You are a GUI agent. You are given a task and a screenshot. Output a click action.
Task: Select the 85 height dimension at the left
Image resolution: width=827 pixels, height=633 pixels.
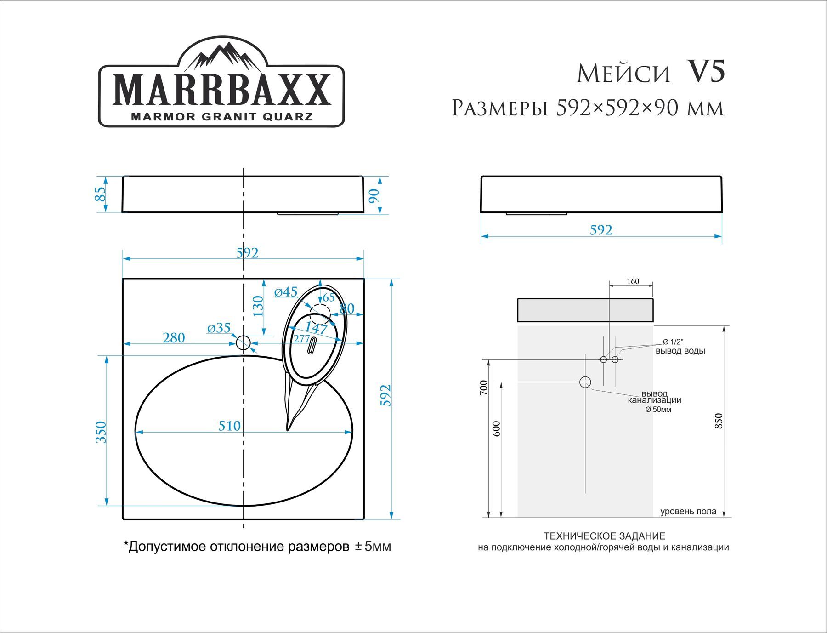(101, 194)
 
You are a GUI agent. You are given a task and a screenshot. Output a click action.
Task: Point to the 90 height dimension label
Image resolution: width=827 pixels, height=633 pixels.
(374, 195)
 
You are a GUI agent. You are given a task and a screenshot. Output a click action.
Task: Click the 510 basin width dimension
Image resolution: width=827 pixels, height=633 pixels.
(229, 426)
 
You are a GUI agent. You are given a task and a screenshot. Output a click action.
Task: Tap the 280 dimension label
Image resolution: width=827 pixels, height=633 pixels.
(174, 338)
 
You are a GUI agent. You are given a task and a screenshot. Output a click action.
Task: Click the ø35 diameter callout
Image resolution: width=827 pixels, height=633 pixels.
(219, 328)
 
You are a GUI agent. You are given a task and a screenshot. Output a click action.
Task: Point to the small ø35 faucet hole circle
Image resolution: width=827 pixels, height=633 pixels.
(243, 342)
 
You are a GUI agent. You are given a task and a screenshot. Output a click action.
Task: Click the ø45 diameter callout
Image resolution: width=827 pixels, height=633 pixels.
(286, 292)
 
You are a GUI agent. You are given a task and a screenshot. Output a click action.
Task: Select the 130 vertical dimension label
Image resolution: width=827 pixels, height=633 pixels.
(258, 306)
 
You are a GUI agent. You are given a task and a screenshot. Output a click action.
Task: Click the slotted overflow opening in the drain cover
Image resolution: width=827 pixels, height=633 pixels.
(312, 345)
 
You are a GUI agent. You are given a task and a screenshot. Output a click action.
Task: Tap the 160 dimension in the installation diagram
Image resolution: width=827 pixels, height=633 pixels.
(633, 281)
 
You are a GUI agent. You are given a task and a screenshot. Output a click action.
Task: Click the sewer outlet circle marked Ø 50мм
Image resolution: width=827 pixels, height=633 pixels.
(585, 382)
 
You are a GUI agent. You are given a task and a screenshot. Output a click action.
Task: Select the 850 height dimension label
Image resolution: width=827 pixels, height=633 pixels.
(719, 421)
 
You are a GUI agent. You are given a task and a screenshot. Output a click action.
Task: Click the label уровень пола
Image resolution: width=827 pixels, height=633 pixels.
(688, 512)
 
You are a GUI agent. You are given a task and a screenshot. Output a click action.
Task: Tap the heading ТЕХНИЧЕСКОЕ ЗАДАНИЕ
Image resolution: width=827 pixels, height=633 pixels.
(604, 536)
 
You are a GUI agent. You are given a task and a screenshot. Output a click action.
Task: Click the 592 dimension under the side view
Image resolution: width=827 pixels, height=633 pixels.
(601, 230)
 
